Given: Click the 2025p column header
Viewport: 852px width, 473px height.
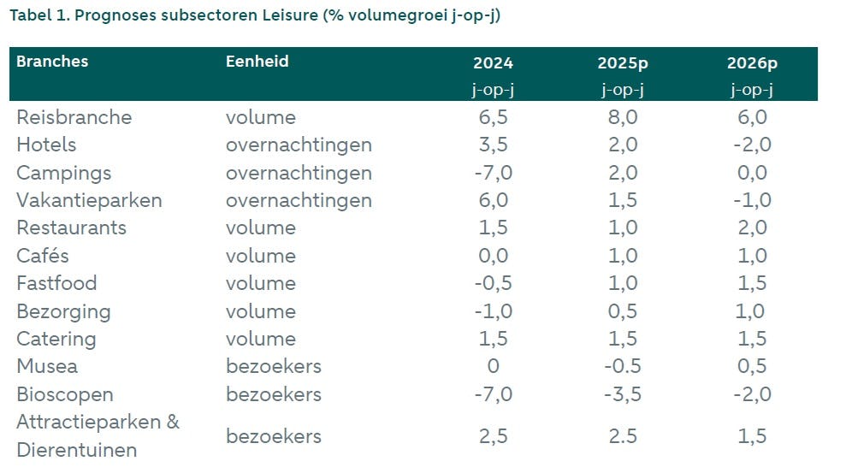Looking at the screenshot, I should coord(622,63).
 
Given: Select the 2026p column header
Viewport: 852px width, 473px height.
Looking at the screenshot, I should coord(752,63).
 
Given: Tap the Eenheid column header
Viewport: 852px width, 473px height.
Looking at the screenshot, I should coord(257,62).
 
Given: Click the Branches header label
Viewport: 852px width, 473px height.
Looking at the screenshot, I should coord(52,62).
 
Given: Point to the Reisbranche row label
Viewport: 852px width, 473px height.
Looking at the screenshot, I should coord(74,117).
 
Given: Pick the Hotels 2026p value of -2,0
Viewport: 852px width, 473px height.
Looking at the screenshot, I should coord(752,145).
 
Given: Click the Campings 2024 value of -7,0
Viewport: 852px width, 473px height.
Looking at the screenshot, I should coord(493,173).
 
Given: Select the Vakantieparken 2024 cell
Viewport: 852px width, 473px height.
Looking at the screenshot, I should coord(493,200).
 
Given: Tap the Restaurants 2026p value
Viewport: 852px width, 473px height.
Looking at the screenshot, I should coord(752,228).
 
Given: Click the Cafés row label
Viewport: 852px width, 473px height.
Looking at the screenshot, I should coord(43,256).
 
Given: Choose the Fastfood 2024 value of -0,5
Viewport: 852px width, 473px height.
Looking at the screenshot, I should coord(493,283).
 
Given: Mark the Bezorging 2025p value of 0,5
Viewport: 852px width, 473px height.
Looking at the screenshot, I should coord(622,311).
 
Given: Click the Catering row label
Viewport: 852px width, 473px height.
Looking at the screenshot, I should coord(56,339).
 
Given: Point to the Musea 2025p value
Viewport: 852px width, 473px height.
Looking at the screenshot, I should coord(622,366).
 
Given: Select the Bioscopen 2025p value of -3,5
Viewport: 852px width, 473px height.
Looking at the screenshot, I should coord(622,394).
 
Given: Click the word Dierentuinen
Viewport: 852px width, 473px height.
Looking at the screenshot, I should coord(77,450).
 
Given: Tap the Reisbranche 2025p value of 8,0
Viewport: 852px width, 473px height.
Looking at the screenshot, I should coord(622,117).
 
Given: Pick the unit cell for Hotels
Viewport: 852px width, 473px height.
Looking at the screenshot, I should coord(299,145).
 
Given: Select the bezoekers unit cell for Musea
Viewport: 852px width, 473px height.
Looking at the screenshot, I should coord(274,366).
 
